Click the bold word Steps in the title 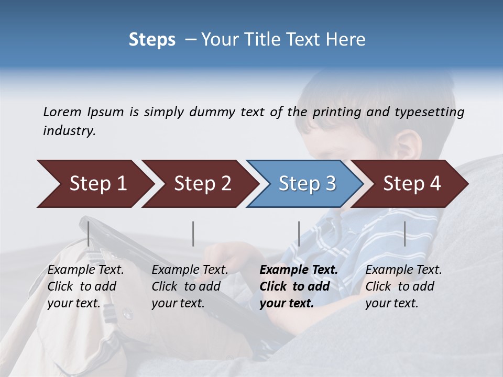click(152, 39)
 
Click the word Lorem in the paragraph click(62, 112)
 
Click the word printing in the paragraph click(337, 112)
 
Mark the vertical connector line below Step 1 click(89, 234)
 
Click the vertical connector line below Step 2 click(193, 234)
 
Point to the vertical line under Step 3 click(299, 234)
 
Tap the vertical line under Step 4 click(404, 234)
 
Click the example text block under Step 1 click(85, 286)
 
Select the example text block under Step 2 click(190, 286)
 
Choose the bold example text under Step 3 click(299, 286)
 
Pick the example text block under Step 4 click(403, 286)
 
